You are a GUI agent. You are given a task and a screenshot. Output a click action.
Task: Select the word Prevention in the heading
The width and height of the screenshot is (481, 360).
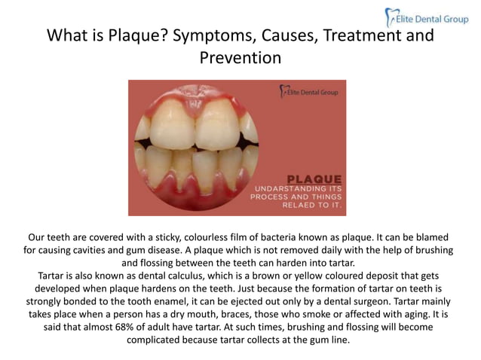point(240,56)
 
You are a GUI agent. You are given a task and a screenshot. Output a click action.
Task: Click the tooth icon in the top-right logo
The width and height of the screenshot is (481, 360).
point(390,16)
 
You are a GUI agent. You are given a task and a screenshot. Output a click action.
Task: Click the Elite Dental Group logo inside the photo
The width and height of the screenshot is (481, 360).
point(308,92)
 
